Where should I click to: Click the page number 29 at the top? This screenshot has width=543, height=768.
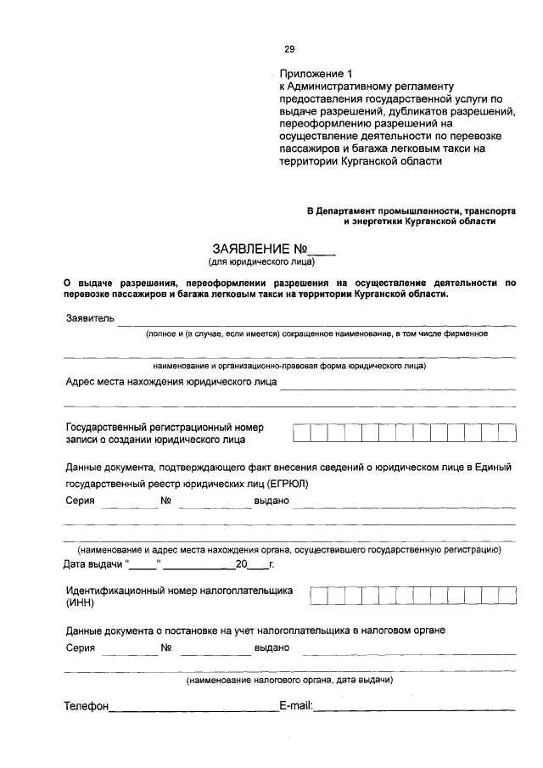[x=289, y=49]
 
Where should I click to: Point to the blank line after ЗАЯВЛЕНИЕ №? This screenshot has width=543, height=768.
[x=323, y=252]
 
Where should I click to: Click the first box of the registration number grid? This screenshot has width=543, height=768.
[x=301, y=434]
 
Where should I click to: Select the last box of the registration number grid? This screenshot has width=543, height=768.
[x=507, y=434]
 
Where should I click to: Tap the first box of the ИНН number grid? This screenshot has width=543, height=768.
[x=319, y=597]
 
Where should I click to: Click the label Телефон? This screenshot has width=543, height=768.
[x=87, y=706]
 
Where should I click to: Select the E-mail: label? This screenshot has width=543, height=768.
[x=296, y=706]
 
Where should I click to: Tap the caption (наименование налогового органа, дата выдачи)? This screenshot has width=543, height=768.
[x=288, y=681]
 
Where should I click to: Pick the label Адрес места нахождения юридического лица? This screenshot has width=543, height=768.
[x=171, y=382]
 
